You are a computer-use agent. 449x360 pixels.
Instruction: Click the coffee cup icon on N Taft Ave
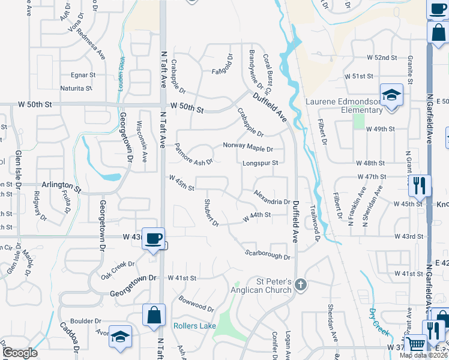tap(153, 239)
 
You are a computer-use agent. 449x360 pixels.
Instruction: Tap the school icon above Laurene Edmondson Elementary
tap(391, 95)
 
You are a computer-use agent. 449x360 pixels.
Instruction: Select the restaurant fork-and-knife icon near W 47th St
tap(418, 185)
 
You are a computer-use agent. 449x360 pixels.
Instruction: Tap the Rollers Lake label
tap(194, 326)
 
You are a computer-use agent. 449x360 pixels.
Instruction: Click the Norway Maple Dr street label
tap(248, 146)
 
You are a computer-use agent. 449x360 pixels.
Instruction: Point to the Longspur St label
tap(260, 163)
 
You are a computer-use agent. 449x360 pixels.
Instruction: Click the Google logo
tap(20, 353)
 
